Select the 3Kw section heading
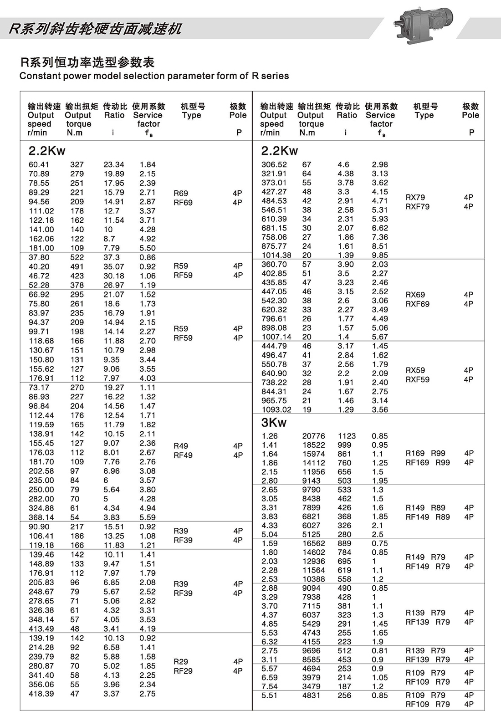[x=274, y=423]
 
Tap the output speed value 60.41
[x=39, y=165]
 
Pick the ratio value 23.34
[x=113, y=165]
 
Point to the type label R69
[x=181, y=193]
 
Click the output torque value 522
[x=77, y=257]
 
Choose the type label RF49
[x=183, y=455]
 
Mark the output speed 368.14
[x=41, y=517]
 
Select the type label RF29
[x=183, y=671]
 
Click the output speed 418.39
[x=41, y=694]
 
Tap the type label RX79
[x=415, y=197]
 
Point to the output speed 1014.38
[x=276, y=255]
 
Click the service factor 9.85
[x=380, y=255]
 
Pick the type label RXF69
[x=418, y=304]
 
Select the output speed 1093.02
[x=276, y=409]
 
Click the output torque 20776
[x=313, y=436]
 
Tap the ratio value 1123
[x=347, y=436]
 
